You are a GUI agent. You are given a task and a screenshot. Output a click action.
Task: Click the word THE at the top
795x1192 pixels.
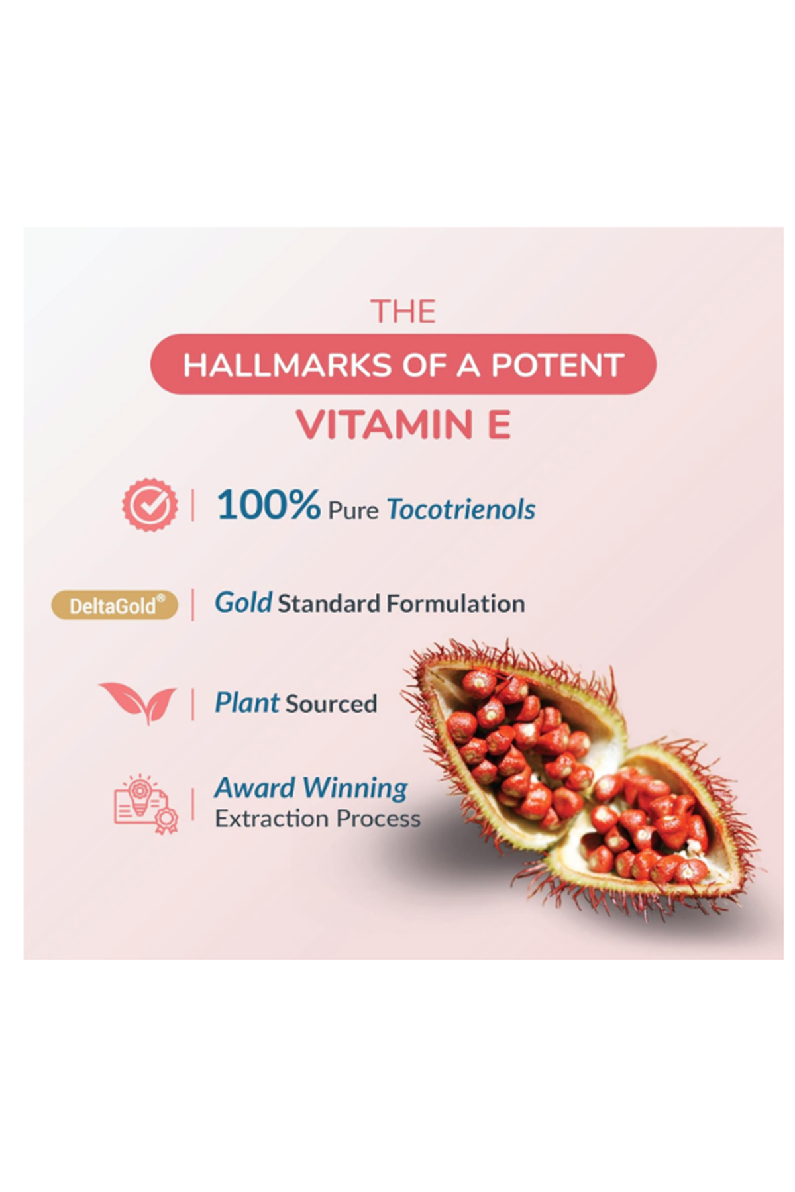click(x=403, y=311)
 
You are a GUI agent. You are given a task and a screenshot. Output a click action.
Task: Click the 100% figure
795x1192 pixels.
click(x=268, y=505)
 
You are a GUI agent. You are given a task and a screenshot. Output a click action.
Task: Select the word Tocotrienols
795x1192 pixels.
click(x=461, y=509)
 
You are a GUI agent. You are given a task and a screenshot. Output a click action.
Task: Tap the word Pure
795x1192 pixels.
click(x=353, y=511)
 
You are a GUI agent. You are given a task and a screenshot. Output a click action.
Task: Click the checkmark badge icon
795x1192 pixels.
click(x=150, y=505)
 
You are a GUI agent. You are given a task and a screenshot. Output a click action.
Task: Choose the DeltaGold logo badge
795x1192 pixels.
click(x=115, y=605)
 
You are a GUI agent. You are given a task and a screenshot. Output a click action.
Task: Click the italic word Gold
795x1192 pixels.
click(x=243, y=603)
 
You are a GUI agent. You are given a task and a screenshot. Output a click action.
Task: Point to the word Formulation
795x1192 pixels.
click(x=456, y=604)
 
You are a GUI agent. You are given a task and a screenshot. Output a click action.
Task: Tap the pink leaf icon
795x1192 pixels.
click(x=138, y=703)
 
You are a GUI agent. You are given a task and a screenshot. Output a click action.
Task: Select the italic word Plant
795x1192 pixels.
click(x=246, y=703)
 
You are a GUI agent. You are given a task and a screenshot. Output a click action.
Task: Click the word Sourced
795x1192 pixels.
click(x=331, y=704)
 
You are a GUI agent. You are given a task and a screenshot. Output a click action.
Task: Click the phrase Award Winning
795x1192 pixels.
click(x=311, y=788)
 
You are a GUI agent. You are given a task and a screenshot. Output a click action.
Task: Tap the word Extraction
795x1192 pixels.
click(x=272, y=819)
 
